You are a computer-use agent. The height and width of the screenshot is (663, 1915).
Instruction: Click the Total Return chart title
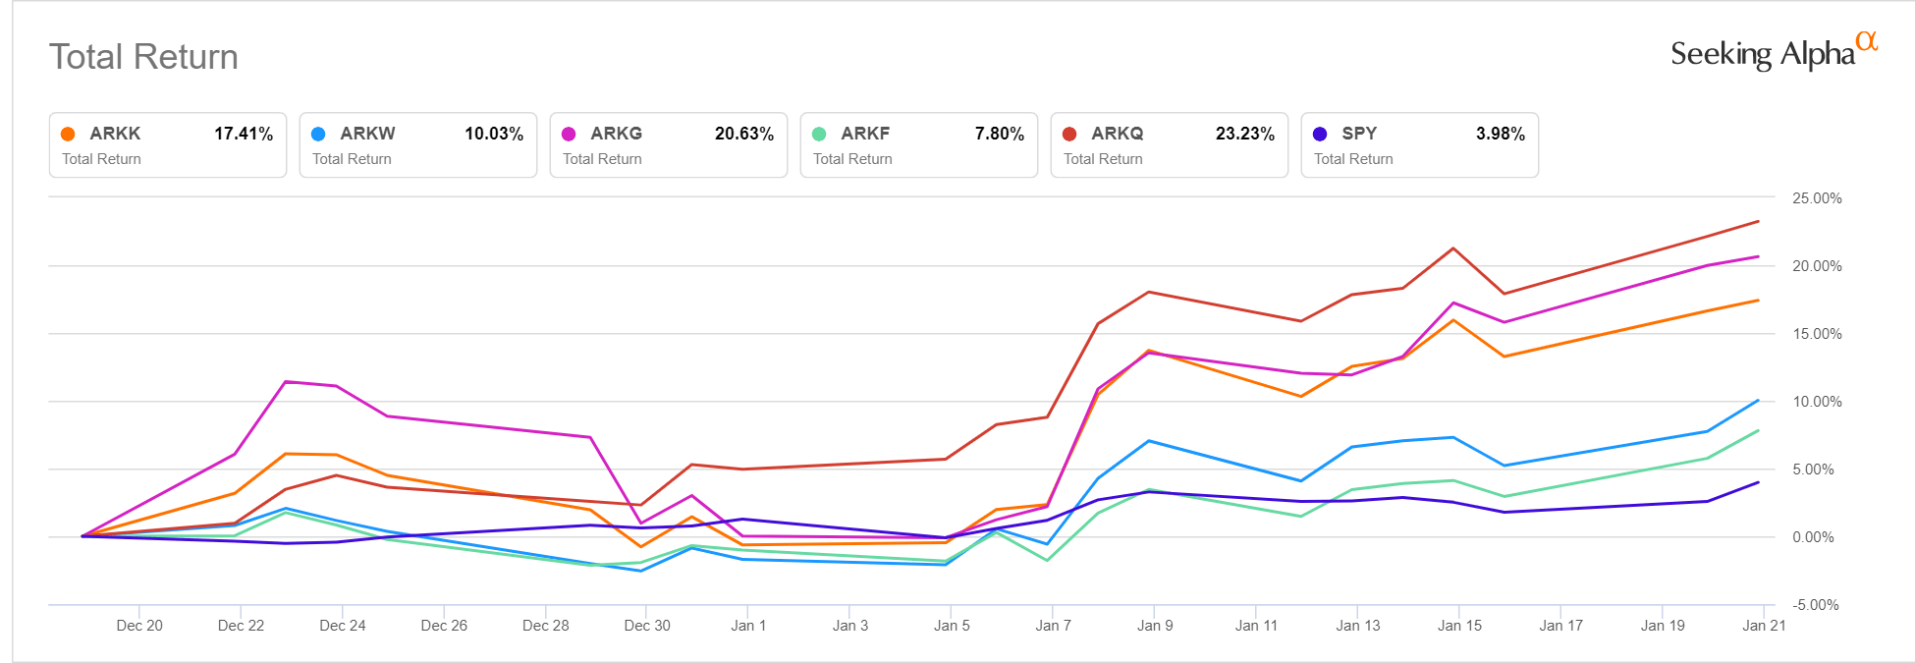click(143, 57)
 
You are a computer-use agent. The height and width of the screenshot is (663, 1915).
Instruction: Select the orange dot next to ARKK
click(68, 135)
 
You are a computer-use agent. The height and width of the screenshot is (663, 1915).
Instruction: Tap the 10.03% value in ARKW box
click(494, 134)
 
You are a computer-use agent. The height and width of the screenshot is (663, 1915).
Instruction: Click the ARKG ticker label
click(616, 134)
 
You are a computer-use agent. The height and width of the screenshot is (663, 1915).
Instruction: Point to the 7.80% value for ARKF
click(999, 134)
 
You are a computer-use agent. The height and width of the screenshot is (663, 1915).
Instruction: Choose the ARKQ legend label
click(1117, 134)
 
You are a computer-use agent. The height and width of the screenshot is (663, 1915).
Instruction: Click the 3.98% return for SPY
click(1500, 134)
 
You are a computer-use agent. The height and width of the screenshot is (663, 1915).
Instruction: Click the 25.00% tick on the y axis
click(1816, 198)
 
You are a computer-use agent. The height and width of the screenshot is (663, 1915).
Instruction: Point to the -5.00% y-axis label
click(1815, 605)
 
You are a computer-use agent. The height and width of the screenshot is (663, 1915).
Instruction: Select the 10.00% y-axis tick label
click(1816, 402)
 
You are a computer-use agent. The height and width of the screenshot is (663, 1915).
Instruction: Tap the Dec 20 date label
click(139, 626)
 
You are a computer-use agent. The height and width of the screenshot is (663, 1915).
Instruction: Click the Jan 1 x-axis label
click(748, 626)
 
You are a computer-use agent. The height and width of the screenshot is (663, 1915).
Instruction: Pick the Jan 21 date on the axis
click(1763, 626)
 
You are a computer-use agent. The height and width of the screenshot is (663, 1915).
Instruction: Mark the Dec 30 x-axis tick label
click(647, 626)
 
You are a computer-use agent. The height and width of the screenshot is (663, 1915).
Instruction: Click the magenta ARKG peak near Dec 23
click(286, 381)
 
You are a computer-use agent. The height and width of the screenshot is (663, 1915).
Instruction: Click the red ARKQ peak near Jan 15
click(1453, 249)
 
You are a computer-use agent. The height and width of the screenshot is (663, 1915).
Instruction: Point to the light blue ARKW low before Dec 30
click(641, 571)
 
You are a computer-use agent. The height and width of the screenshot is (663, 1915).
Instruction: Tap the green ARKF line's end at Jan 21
click(1758, 430)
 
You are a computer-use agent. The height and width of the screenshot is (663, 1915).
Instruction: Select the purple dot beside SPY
click(1320, 135)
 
